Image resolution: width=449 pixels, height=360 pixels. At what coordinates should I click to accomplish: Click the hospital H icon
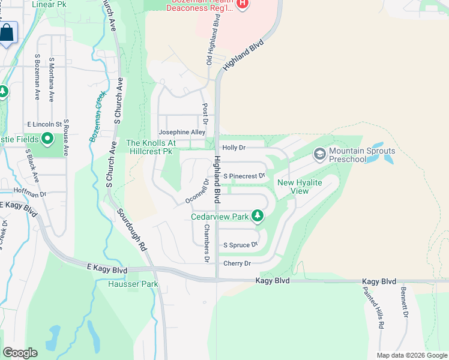[243, 4]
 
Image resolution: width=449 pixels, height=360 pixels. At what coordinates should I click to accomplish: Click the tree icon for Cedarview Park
[258, 215]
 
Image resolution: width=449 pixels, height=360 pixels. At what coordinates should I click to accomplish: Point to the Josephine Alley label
[182, 132]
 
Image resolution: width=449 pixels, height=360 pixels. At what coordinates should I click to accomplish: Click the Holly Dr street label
[234, 148]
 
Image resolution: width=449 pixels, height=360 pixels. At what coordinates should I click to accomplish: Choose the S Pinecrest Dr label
[244, 176]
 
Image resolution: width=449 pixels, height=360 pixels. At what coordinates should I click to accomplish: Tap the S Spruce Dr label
[240, 245]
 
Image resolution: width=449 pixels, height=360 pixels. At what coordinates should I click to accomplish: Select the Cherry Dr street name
[237, 263]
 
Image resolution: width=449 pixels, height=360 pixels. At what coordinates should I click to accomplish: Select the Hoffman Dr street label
[29, 194]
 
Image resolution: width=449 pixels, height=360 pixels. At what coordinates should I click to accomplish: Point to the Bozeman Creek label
[97, 116]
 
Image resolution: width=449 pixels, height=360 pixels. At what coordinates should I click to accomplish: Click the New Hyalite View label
[292, 187]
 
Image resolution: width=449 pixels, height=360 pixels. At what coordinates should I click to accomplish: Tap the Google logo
[20, 353]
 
